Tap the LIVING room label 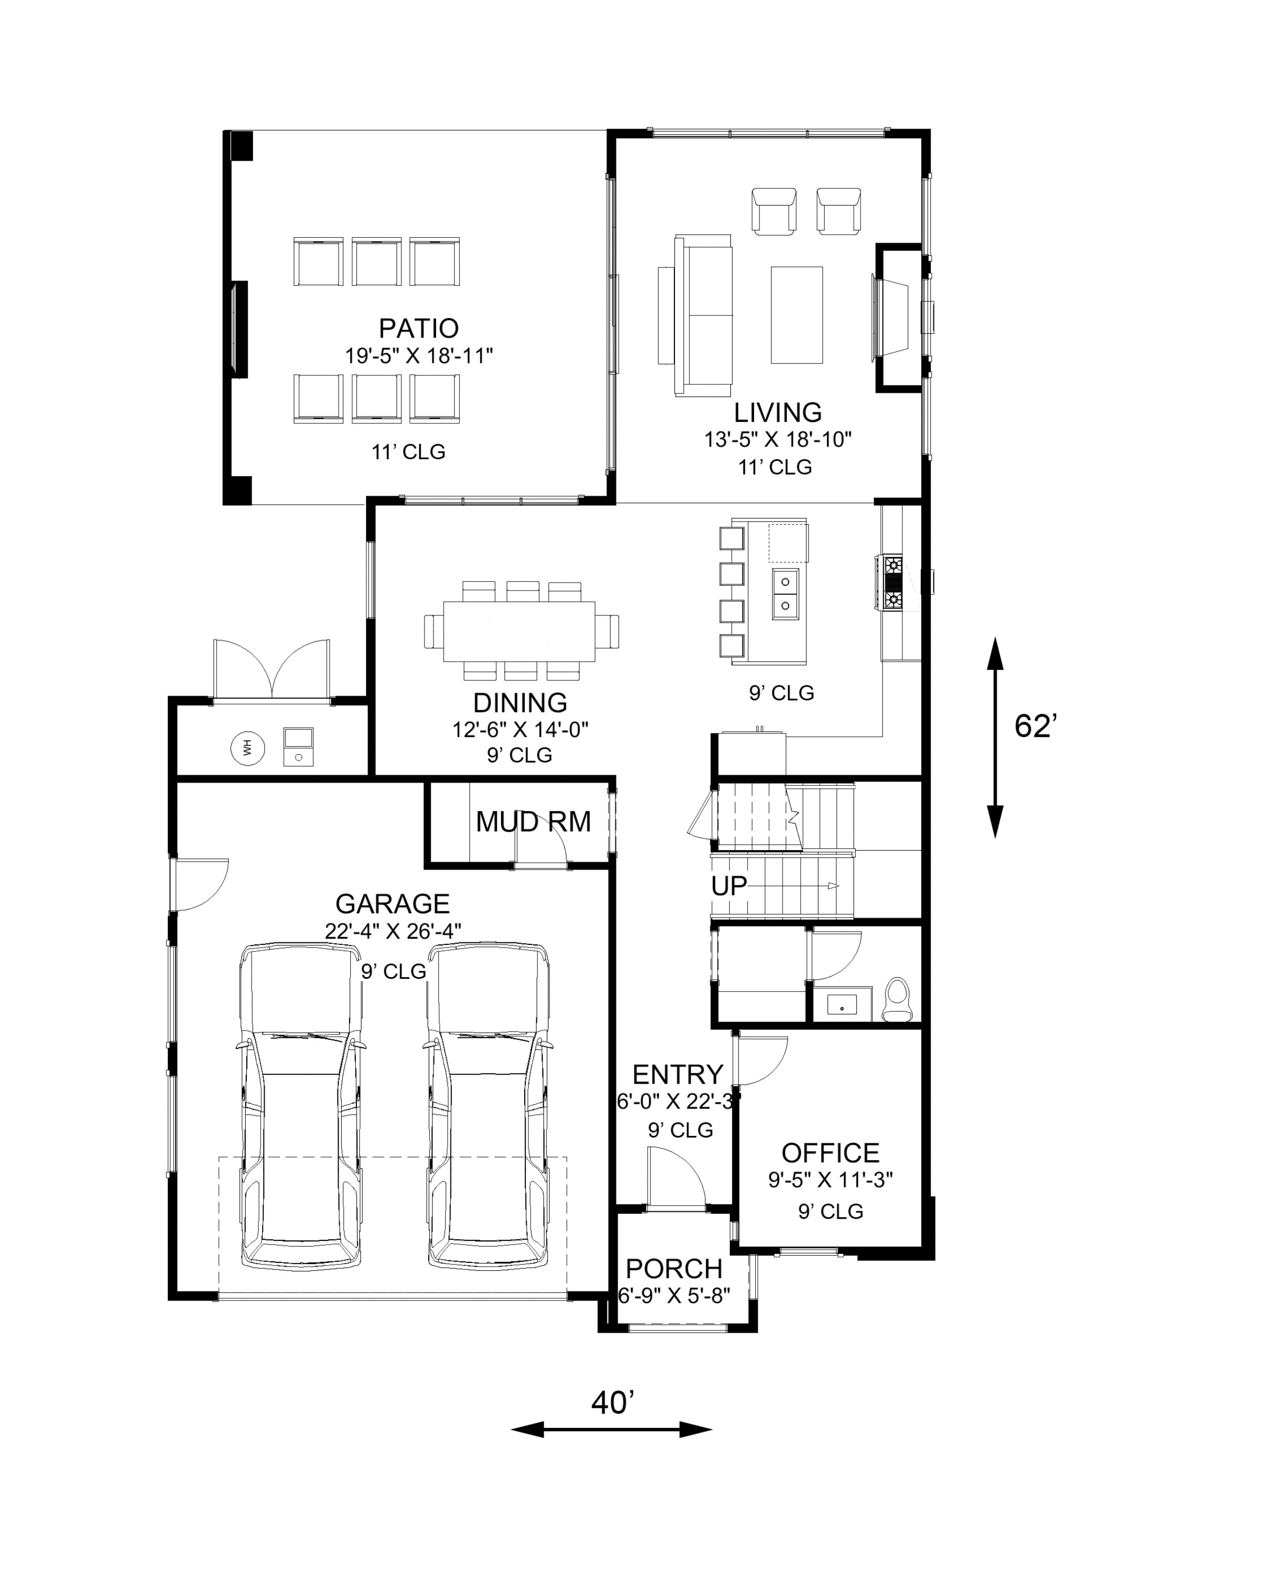click(777, 412)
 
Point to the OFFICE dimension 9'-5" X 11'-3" click(830, 1180)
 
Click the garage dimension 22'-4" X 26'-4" click(393, 930)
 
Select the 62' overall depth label click(1036, 727)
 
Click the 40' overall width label click(613, 1403)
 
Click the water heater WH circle click(247, 748)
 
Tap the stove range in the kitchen click(893, 583)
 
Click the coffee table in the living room click(796, 315)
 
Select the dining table click(519, 631)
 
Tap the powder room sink click(842, 1005)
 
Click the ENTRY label click(677, 1075)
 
